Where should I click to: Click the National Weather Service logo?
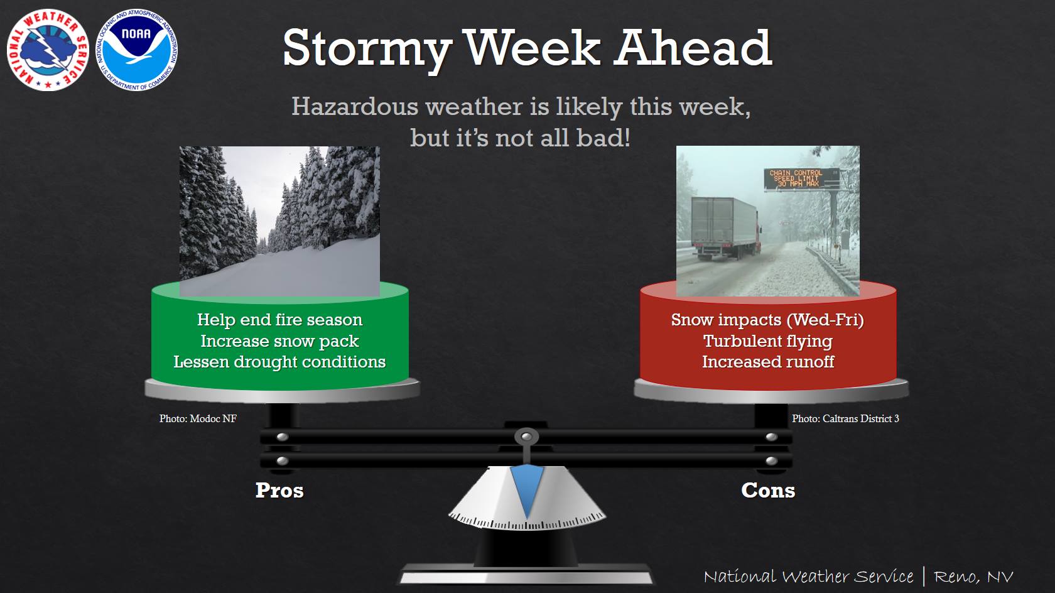pos(48,50)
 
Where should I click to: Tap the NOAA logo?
pos(137,50)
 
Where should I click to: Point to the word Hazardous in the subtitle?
pos(355,106)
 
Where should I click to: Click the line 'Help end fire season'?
pos(280,320)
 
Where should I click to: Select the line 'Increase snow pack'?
pos(280,341)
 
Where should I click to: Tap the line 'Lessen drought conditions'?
pos(280,362)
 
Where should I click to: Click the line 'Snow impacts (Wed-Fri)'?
pos(767,320)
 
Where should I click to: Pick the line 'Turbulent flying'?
pos(767,341)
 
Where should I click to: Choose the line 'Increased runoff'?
pos(767,362)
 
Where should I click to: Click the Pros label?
pos(280,491)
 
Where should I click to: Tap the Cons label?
pos(768,491)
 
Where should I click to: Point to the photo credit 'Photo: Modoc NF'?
pos(198,418)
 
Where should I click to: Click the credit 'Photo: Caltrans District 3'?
pos(845,418)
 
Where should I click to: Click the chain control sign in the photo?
pos(801,179)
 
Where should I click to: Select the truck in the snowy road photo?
pos(726,228)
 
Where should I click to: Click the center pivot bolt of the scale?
pos(526,437)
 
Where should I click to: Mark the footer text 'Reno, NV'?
pos(973,576)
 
